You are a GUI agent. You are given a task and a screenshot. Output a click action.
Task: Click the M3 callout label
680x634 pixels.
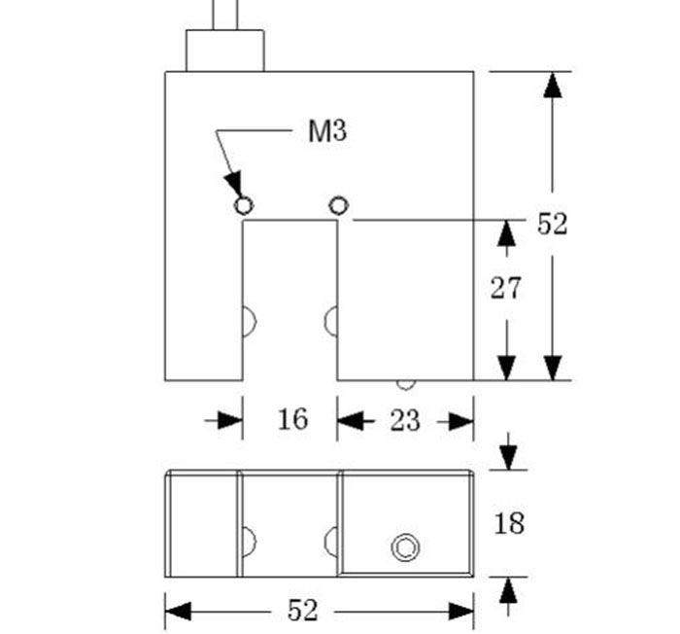tap(327, 131)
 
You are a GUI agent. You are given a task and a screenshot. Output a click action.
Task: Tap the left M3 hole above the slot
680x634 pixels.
tap(244, 205)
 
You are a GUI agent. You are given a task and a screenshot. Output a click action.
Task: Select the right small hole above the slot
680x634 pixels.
tap(337, 205)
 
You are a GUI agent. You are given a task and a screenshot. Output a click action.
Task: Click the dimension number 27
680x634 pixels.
tap(505, 288)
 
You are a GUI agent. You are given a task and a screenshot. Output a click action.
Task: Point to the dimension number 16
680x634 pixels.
tap(291, 419)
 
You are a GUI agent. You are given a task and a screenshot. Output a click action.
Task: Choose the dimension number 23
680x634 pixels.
tap(404, 420)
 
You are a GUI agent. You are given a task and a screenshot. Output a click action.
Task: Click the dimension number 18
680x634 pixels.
tap(509, 523)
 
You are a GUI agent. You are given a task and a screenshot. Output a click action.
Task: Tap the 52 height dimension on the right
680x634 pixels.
tap(552, 225)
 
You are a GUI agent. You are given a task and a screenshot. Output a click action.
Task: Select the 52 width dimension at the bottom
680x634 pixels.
tap(303, 611)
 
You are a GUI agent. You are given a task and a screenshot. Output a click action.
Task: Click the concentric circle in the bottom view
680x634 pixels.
tap(405, 547)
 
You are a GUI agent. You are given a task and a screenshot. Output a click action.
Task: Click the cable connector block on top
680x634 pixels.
tap(224, 50)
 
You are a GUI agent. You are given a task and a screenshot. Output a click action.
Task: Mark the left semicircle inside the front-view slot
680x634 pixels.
tap(248, 319)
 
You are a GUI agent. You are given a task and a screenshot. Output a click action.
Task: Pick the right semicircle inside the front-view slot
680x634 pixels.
tap(331, 319)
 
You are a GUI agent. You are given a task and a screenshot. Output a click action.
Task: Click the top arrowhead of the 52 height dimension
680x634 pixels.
tap(553, 85)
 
